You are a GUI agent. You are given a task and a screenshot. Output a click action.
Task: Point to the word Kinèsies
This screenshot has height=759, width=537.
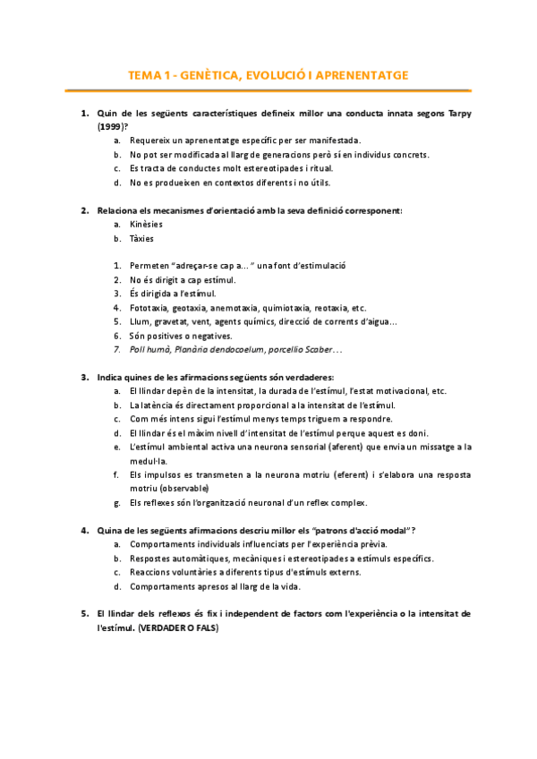tap(146, 224)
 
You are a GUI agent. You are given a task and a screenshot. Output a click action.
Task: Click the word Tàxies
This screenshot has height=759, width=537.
tap(141, 239)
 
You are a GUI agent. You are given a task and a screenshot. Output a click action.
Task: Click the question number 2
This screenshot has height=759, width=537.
tap(84, 210)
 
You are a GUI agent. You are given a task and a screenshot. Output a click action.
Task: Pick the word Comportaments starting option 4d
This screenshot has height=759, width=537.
tap(160, 587)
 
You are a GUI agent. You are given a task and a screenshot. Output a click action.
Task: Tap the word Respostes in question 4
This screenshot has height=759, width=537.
tap(149, 559)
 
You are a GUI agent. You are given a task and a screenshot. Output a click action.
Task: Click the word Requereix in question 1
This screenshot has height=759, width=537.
tap(151, 141)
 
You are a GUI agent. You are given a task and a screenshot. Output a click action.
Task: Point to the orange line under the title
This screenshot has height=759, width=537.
tap(268, 90)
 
